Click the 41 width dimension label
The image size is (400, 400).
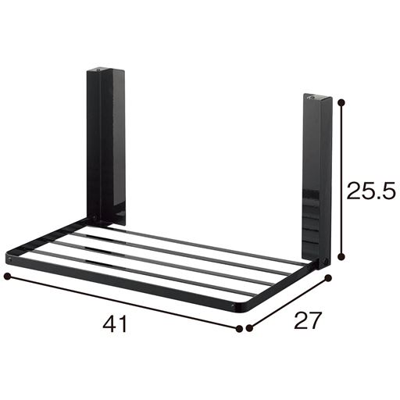coord(115,324)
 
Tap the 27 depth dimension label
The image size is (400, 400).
coord(306,320)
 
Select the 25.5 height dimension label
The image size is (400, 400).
coord(371,191)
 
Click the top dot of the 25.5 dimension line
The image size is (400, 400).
coord(341,103)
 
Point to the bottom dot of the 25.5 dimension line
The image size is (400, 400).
coord(341,257)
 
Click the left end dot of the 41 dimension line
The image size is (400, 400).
coord(8,277)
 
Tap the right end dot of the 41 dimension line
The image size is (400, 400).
coord(239,328)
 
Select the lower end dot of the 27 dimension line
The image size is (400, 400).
coord(249,328)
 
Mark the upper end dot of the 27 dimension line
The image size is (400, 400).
coord(328,278)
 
